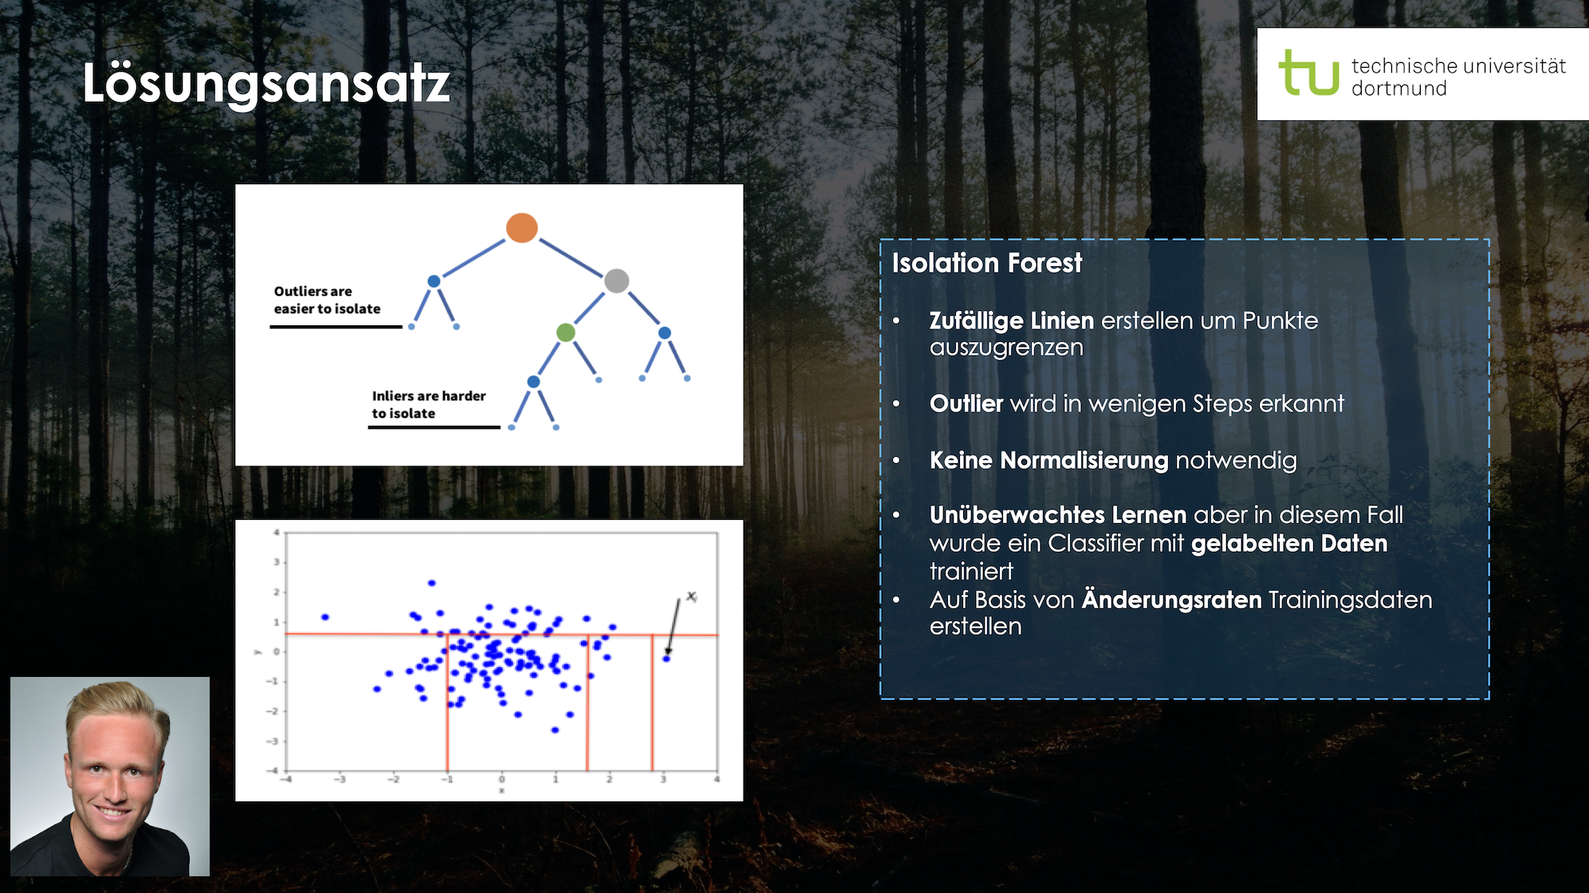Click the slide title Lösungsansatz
pyautogui.click(x=266, y=84)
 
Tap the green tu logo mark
pyautogui.click(x=1308, y=73)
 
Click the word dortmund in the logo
pyautogui.click(x=1398, y=89)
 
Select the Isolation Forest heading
pyautogui.click(x=987, y=262)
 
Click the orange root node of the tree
pyautogui.click(x=521, y=228)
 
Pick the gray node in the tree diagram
pyautogui.click(x=616, y=281)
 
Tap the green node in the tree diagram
pyautogui.click(x=565, y=332)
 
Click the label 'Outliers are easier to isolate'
pyautogui.click(x=327, y=300)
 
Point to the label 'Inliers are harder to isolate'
pyautogui.click(x=429, y=404)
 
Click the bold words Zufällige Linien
pyautogui.click(x=1012, y=321)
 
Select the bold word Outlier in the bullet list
pyautogui.click(x=966, y=403)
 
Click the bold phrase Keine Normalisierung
pyautogui.click(x=1049, y=460)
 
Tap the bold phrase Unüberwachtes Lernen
pyautogui.click(x=1058, y=515)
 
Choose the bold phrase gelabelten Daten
pyautogui.click(x=1289, y=543)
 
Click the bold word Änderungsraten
pyautogui.click(x=1171, y=600)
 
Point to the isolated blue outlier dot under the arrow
pyautogui.click(x=667, y=659)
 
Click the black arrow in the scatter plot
pyautogui.click(x=674, y=626)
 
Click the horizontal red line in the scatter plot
pyautogui.click(x=501, y=635)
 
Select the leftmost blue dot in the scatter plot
pyautogui.click(x=325, y=617)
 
